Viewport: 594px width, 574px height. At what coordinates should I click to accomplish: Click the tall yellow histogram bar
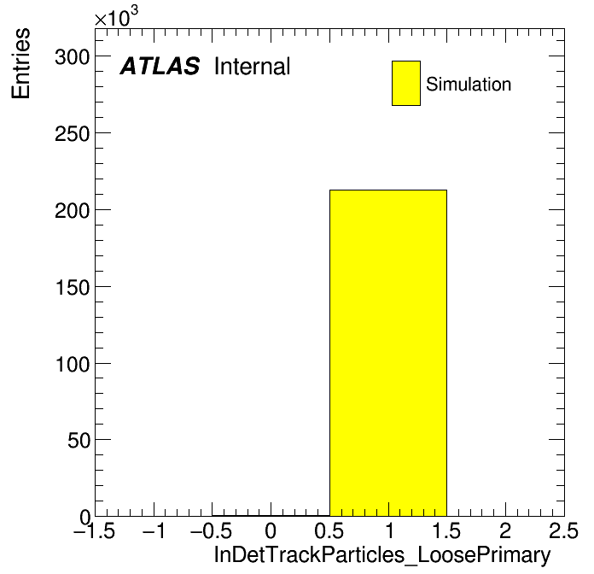(x=388, y=353)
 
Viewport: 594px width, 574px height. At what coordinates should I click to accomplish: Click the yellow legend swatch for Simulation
(x=406, y=83)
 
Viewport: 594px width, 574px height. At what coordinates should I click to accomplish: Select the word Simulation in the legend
(x=469, y=84)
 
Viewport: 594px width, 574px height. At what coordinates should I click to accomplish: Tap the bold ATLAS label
(x=160, y=66)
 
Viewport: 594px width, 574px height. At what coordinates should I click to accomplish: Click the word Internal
(x=253, y=66)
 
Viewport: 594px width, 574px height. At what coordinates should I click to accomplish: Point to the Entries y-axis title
(x=20, y=63)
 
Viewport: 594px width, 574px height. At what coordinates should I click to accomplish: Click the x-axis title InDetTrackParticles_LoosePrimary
(x=382, y=555)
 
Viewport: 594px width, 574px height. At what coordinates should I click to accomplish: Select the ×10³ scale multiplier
(x=116, y=17)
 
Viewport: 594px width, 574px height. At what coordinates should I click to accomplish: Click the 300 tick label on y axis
(x=72, y=57)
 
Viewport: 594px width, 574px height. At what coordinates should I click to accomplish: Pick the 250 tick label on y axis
(x=72, y=134)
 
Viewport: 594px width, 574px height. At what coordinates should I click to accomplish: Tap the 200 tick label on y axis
(x=72, y=211)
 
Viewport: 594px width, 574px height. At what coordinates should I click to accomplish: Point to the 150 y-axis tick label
(x=72, y=288)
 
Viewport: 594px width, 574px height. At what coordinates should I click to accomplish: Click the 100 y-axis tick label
(x=72, y=365)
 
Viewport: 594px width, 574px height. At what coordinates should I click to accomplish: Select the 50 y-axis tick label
(x=79, y=441)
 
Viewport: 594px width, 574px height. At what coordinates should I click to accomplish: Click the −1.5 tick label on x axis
(x=95, y=530)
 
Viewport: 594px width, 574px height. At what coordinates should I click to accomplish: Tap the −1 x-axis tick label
(x=154, y=530)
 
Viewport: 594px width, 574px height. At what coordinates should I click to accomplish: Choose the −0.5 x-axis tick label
(x=212, y=530)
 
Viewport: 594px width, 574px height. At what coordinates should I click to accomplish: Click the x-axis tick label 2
(x=505, y=530)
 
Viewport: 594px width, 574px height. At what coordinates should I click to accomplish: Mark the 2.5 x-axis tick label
(x=563, y=530)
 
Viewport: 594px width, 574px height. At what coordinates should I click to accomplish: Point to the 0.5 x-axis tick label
(x=329, y=530)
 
